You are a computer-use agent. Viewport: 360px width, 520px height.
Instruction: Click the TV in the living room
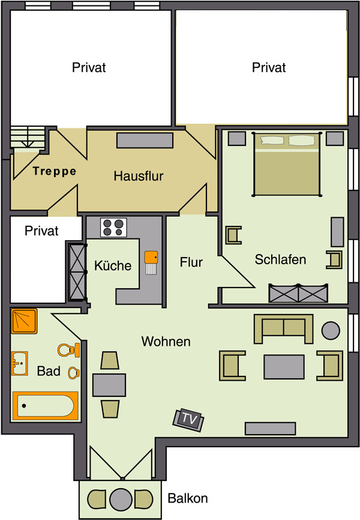(x=188, y=420)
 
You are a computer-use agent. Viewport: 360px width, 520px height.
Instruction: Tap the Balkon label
(x=188, y=498)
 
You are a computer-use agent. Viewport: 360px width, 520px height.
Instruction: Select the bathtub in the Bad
(x=46, y=405)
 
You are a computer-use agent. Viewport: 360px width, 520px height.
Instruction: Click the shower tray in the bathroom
(x=24, y=321)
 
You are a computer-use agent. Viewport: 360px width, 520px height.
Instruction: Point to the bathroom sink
(x=20, y=363)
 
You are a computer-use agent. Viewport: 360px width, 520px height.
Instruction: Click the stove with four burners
(x=113, y=228)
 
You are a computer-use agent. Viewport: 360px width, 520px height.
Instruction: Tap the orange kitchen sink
(x=151, y=258)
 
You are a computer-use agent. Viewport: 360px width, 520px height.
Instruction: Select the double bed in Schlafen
(x=287, y=164)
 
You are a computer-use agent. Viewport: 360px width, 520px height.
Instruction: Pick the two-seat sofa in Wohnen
(x=283, y=328)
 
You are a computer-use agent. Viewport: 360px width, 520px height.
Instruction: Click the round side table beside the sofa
(x=331, y=331)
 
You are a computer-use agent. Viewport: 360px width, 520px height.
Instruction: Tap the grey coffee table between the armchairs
(x=284, y=367)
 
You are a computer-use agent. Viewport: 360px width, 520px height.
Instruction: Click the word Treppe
(x=55, y=171)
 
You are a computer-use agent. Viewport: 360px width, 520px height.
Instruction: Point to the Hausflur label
(x=139, y=176)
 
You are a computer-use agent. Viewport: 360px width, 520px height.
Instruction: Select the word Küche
(x=113, y=265)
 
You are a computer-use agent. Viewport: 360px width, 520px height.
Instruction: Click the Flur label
(x=191, y=262)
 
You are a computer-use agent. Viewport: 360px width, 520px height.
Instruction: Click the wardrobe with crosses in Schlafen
(x=298, y=293)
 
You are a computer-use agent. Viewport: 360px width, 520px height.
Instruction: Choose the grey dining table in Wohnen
(x=109, y=385)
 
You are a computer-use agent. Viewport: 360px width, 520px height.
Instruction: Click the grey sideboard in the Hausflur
(x=145, y=141)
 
